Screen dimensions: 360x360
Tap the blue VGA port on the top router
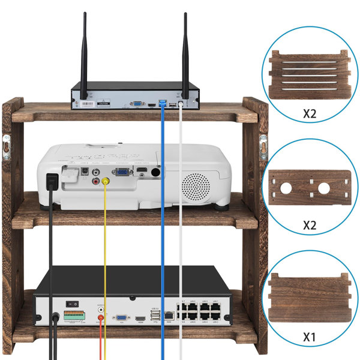[136, 104]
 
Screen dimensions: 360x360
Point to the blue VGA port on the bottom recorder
[121, 319]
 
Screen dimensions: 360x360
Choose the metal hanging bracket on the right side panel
[262, 146]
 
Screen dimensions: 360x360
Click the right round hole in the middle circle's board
[325, 188]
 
